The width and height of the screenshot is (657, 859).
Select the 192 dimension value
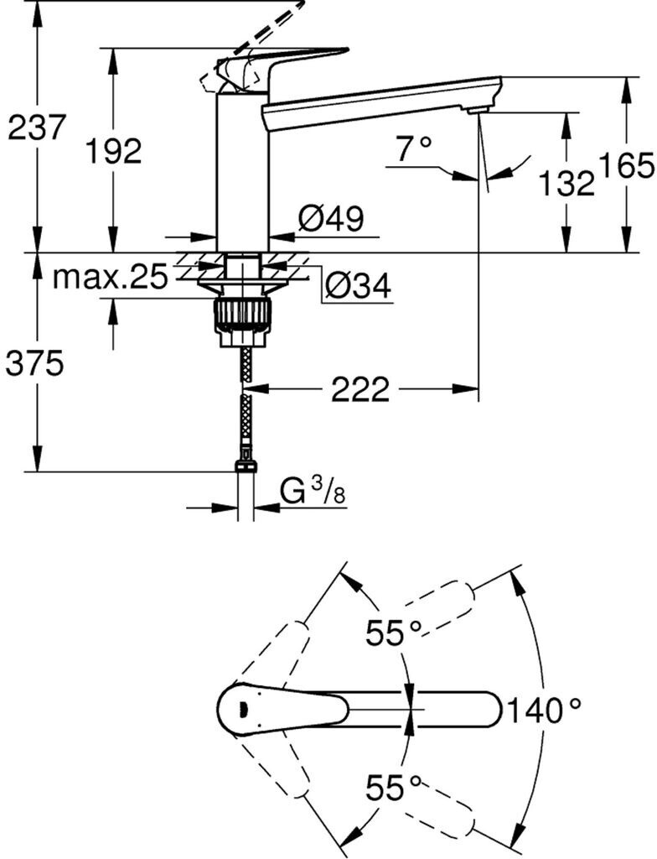point(115,150)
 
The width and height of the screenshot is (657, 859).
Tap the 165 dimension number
point(628,166)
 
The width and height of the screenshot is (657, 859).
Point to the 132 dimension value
point(566,182)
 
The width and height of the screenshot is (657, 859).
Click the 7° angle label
point(414,148)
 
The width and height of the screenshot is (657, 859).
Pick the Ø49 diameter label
point(331,219)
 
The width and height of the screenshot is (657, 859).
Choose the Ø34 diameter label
point(358,284)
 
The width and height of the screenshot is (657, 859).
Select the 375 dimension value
point(34,363)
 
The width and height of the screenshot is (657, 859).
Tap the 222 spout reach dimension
point(360,389)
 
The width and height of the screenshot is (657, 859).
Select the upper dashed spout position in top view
point(438,608)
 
